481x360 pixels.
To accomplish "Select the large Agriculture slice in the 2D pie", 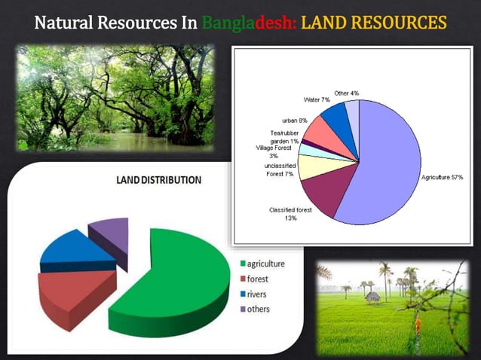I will coord(384,169).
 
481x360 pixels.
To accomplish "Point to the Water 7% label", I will coord(317,99).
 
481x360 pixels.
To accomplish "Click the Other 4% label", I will coord(346,93).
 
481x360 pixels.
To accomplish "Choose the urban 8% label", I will coord(294,121).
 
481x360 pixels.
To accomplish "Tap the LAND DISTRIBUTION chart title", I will coord(158,180).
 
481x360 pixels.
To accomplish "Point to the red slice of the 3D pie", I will coord(72,294).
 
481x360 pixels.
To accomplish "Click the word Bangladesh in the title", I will coord(249,24).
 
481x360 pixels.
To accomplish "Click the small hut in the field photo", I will coord(372,297).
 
